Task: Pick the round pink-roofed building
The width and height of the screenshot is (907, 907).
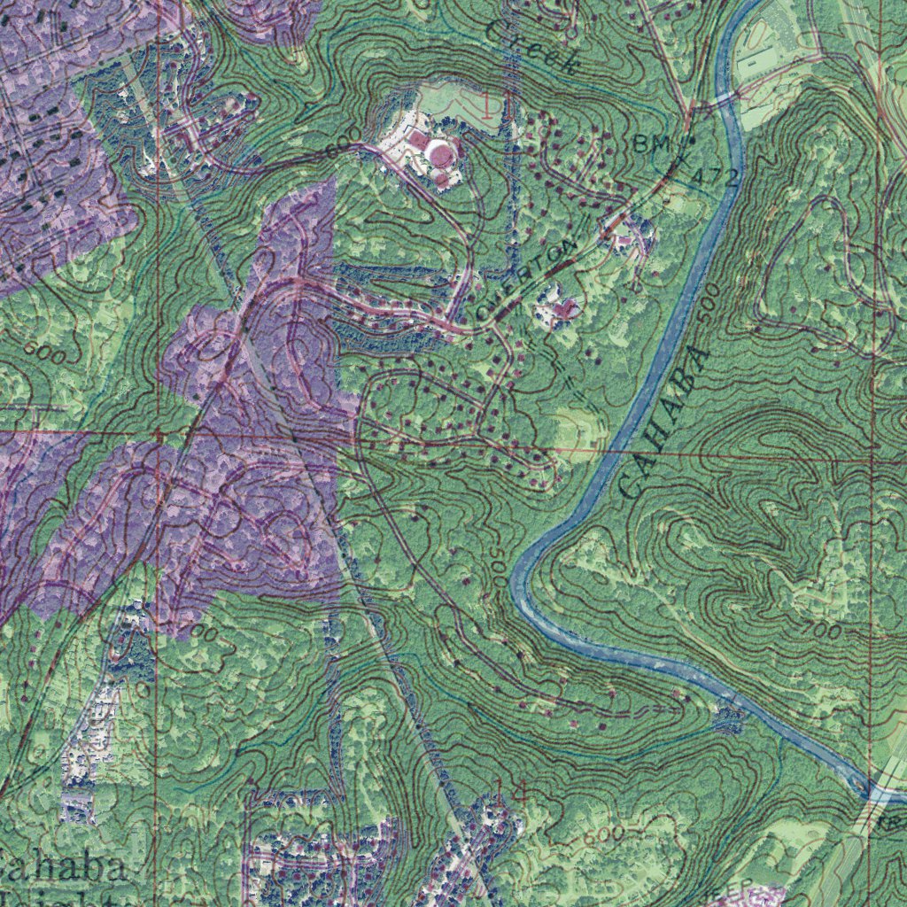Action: (x=439, y=153)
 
